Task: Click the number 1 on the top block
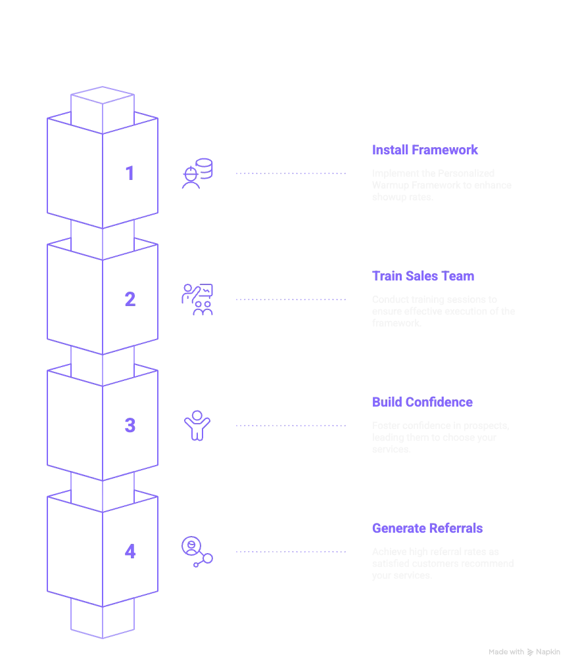pyautogui.click(x=130, y=174)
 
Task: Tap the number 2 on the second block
pyautogui.click(x=130, y=300)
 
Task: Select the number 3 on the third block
pyautogui.click(x=130, y=426)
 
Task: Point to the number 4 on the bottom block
pyautogui.click(x=130, y=552)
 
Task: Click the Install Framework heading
pyautogui.click(x=423, y=150)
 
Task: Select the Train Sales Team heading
pyautogui.click(x=423, y=277)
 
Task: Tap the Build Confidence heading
pyautogui.click(x=421, y=403)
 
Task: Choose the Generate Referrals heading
pyautogui.click(x=427, y=529)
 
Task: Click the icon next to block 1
pyautogui.click(x=197, y=173)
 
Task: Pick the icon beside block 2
pyautogui.click(x=197, y=300)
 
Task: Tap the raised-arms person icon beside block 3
pyautogui.click(x=197, y=426)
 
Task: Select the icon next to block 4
pyautogui.click(x=197, y=552)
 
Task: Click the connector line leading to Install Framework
pyautogui.click(x=289, y=173)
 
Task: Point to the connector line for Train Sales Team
pyautogui.click(x=289, y=300)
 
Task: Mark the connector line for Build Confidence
pyautogui.click(x=289, y=426)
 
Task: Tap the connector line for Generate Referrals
pyautogui.click(x=289, y=552)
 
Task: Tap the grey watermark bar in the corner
pyautogui.click(x=525, y=652)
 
